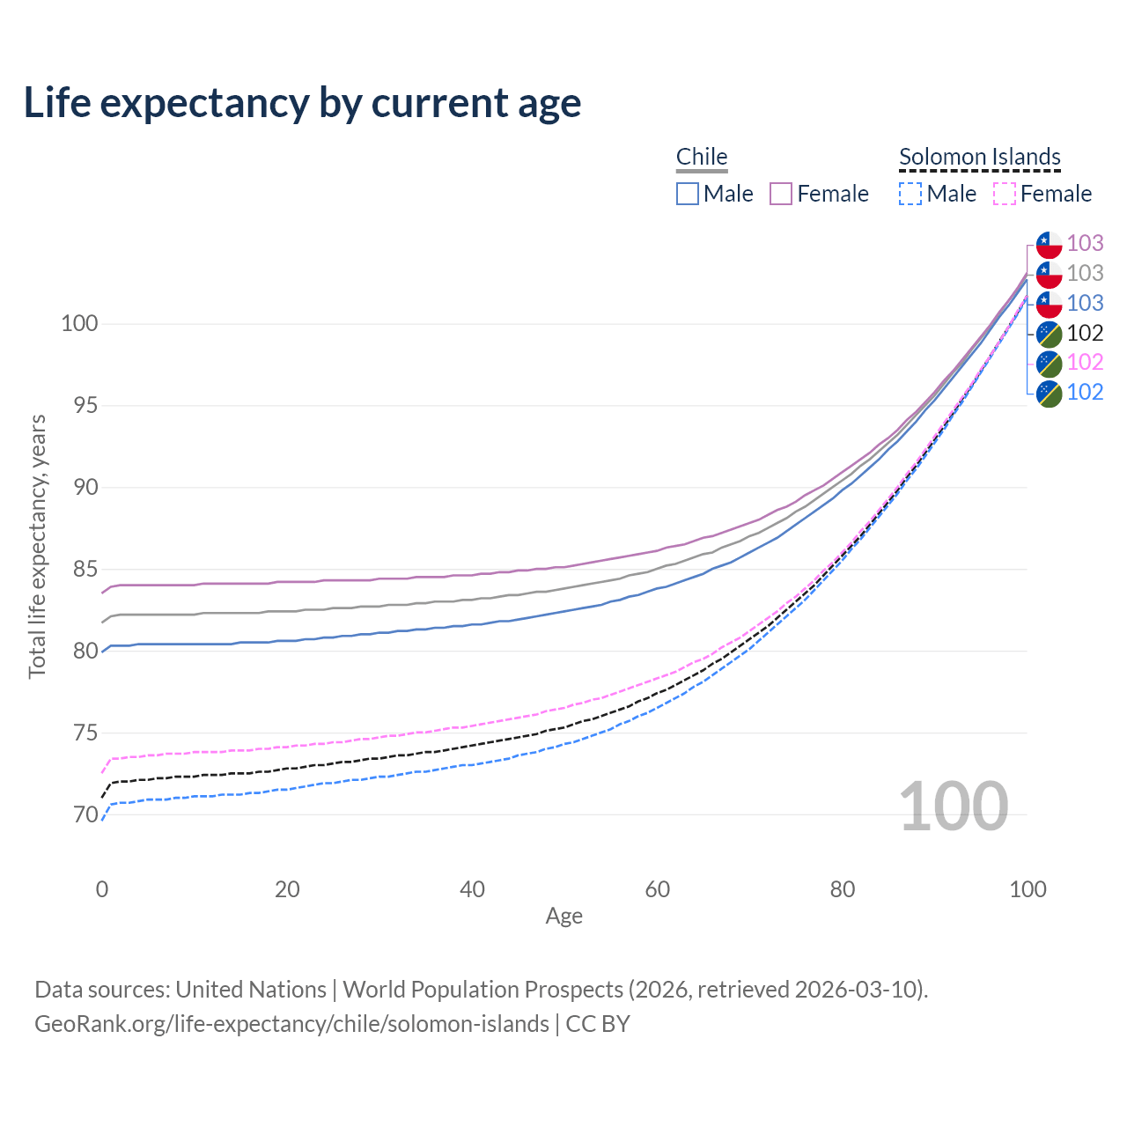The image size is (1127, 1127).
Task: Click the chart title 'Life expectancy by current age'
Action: pyautogui.click(x=302, y=103)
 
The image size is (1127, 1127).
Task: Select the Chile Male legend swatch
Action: pyautogui.click(x=688, y=194)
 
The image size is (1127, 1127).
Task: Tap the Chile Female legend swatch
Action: pyautogui.click(x=781, y=194)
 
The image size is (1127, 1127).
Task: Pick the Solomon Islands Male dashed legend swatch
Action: pyautogui.click(x=910, y=194)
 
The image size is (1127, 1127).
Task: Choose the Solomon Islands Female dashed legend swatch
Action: pyautogui.click(x=1005, y=194)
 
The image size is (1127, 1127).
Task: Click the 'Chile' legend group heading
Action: pyautogui.click(x=702, y=157)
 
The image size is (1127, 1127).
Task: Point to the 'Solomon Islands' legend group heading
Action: pyautogui.click(x=980, y=157)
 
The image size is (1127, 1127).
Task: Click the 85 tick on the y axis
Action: pyautogui.click(x=80, y=570)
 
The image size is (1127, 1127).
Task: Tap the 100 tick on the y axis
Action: pyautogui.click(x=79, y=324)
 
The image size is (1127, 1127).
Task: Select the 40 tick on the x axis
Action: pyautogui.click(x=473, y=889)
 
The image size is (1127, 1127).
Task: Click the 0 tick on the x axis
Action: pyautogui.click(x=102, y=889)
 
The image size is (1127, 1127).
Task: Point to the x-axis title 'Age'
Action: pyautogui.click(x=564, y=917)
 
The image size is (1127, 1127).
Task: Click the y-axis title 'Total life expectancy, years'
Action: pyautogui.click(x=37, y=546)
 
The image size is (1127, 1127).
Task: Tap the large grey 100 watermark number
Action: pyautogui.click(x=954, y=807)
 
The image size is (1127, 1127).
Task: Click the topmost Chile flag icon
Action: pyautogui.click(x=1049, y=244)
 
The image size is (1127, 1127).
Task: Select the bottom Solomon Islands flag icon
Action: pyautogui.click(x=1049, y=393)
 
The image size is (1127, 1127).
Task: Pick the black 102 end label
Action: pyautogui.click(x=1085, y=333)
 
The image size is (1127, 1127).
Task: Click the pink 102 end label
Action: pyautogui.click(x=1085, y=363)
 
